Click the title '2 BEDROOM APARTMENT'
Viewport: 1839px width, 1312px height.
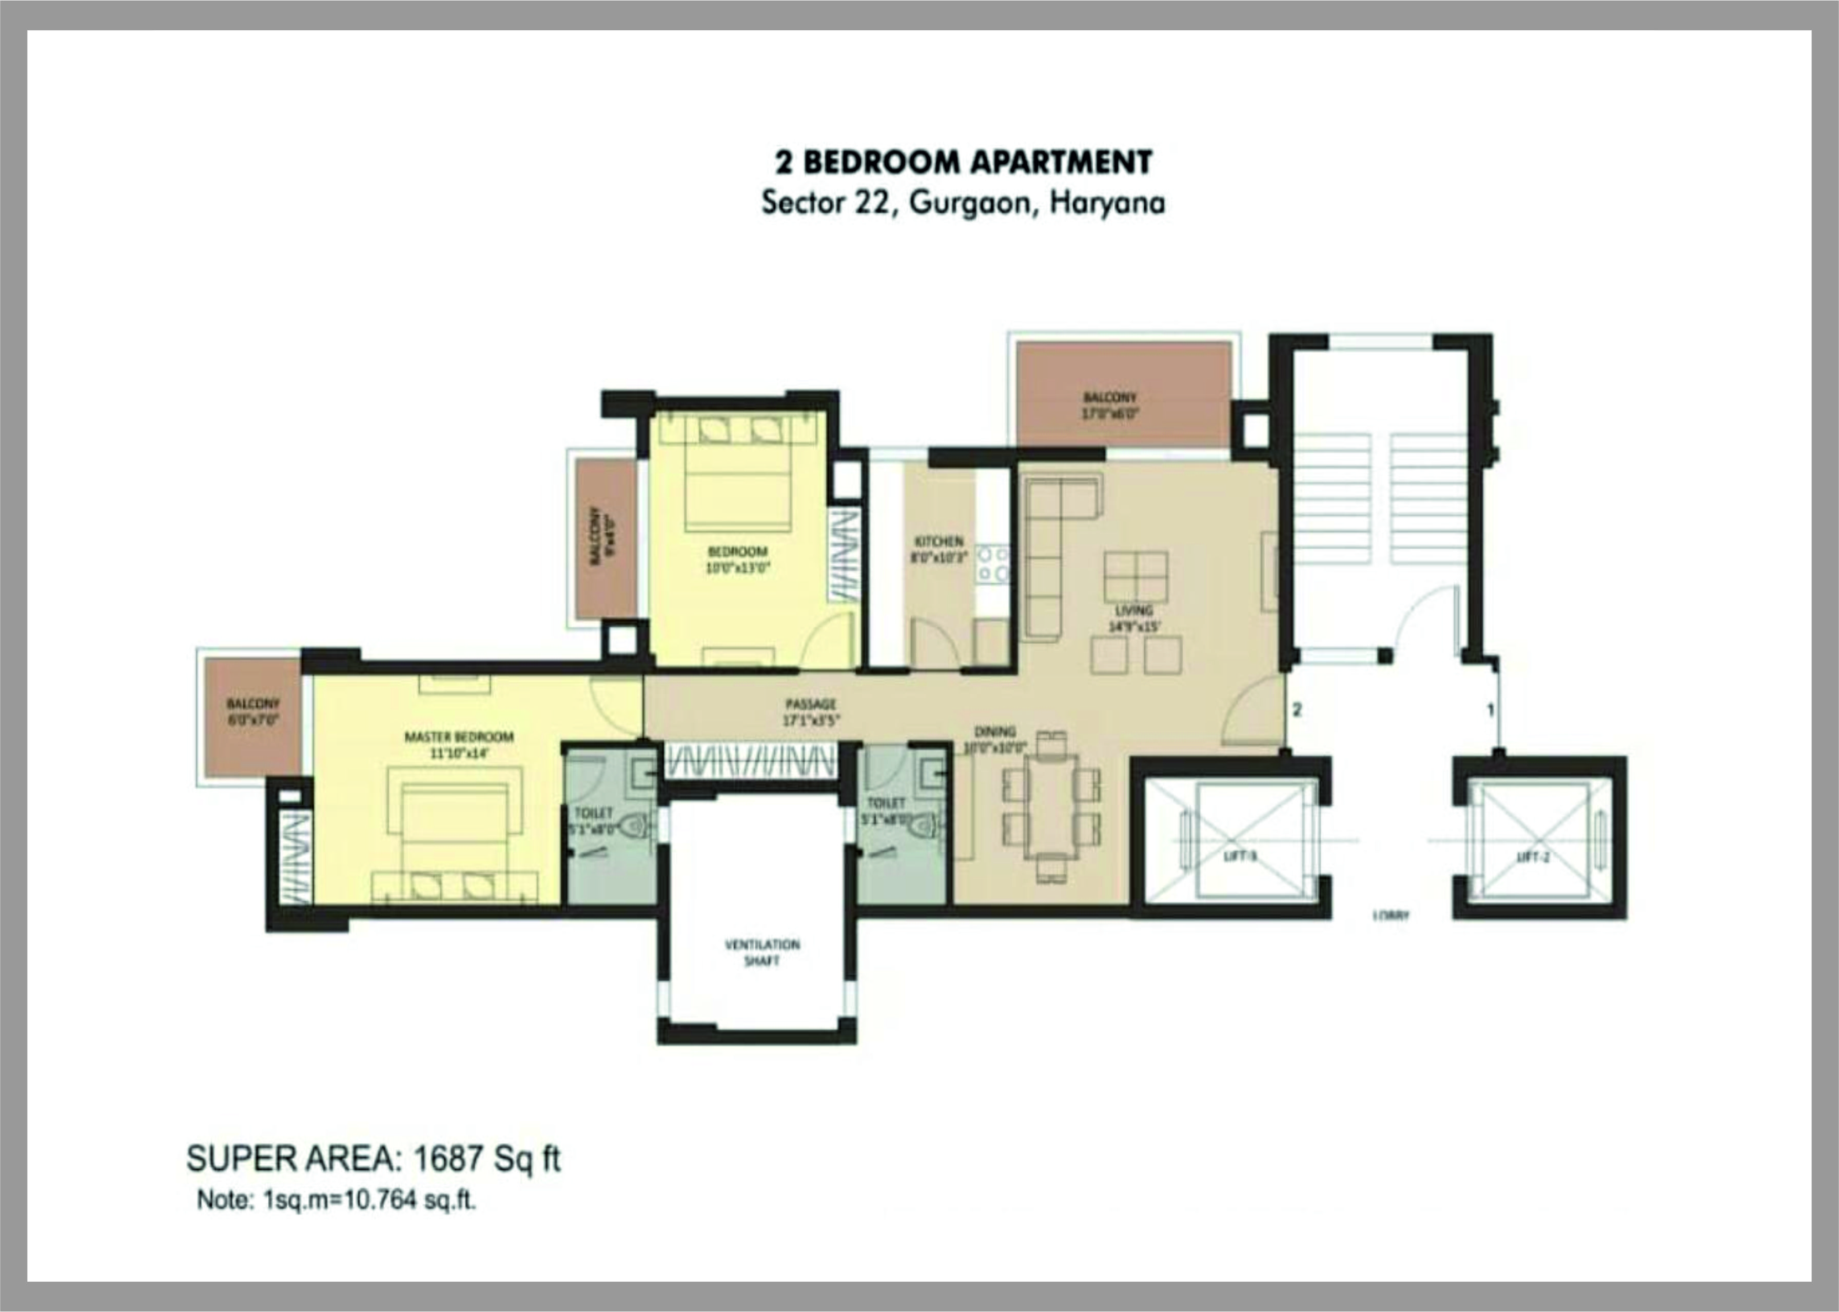[963, 162]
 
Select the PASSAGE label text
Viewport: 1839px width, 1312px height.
[810, 704]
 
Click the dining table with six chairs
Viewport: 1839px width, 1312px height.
[1051, 806]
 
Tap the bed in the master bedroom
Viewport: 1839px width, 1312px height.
[455, 832]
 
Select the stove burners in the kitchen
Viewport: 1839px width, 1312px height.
[992, 564]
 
